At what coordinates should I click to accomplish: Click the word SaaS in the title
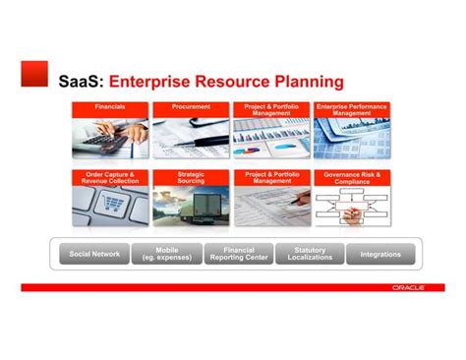coord(81,80)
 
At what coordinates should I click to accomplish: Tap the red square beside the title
coord(34,74)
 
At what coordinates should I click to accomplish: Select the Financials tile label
coord(110,106)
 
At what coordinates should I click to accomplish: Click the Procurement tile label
coord(191,106)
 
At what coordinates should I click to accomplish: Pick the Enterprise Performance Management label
coord(351,109)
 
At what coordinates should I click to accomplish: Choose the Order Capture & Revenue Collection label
coord(110,177)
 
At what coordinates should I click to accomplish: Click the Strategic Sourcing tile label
coord(191,177)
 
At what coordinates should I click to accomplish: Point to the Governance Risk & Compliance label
coord(351,177)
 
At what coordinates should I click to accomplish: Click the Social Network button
coord(94,254)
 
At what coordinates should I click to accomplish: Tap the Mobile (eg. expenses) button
coord(167,254)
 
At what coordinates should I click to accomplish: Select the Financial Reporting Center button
coord(239,254)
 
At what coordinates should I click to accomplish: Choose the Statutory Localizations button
coord(310,254)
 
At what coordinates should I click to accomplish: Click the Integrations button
coord(380,254)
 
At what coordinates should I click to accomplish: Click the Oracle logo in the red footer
coord(407,287)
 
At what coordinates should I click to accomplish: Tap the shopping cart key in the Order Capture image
coord(114,205)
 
